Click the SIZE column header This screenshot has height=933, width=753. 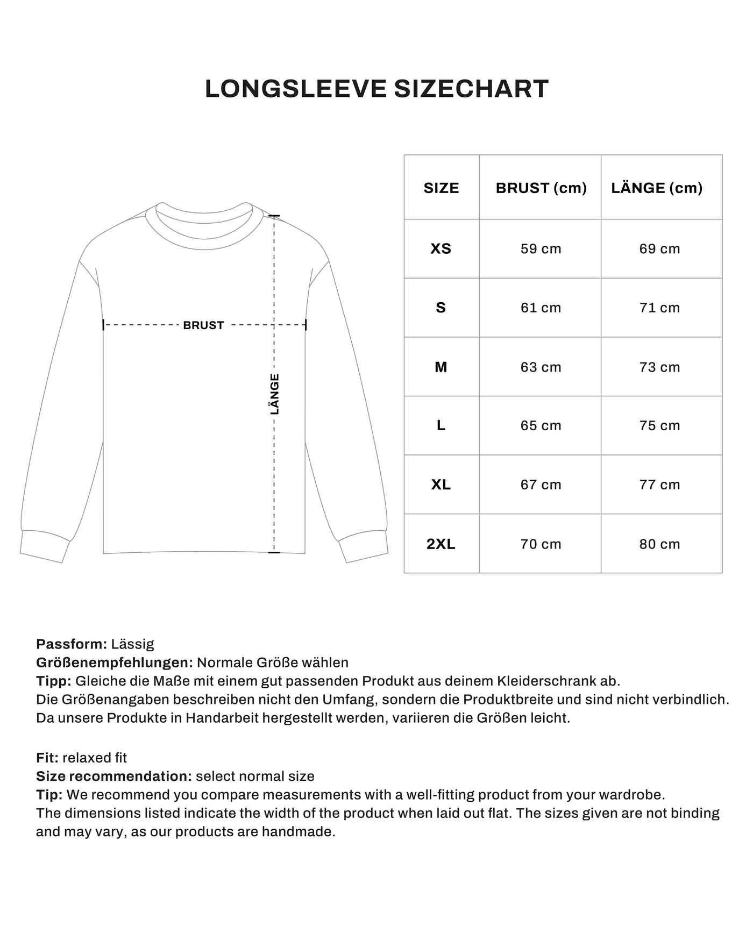441,188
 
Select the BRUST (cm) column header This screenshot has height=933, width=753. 541,188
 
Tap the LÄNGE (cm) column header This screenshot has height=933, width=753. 657,188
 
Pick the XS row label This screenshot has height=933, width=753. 441,249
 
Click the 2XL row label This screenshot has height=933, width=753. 441,544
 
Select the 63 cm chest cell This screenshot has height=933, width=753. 541,367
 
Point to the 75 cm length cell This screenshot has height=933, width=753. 659,426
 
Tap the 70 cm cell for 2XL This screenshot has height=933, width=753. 541,544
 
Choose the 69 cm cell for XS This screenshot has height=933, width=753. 659,249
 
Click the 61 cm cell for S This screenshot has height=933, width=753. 541,308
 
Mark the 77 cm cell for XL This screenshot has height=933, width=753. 659,485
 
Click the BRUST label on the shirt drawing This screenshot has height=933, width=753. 203,325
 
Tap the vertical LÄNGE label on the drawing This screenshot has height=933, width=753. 275,394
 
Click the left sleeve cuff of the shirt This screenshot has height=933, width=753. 45,546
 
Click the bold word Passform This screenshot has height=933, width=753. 72,644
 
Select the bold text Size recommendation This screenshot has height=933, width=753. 113,777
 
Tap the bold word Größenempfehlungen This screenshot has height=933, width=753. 114,663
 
